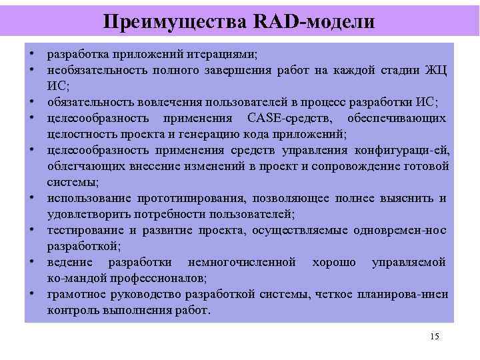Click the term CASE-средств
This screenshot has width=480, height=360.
(287, 118)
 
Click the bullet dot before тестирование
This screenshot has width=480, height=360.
(31, 231)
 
